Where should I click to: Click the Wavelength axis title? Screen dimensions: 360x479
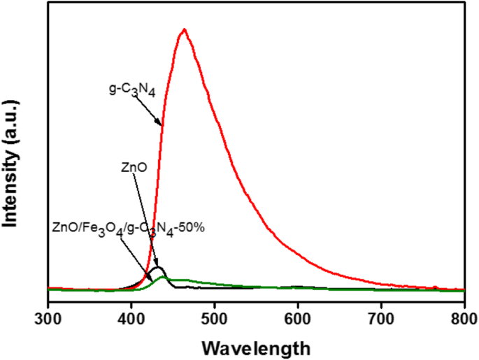256,345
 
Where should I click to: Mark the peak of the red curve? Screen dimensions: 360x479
184,29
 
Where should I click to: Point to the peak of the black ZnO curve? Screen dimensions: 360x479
159,268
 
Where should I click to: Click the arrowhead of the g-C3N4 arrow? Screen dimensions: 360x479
162,124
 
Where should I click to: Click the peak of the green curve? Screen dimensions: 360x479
165,278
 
